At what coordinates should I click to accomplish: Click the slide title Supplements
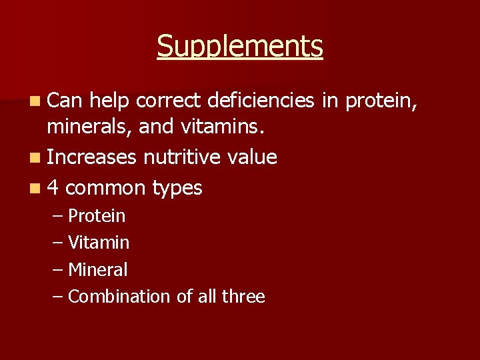[x=240, y=47]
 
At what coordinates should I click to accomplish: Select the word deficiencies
[x=261, y=101]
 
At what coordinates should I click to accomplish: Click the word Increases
[x=92, y=157]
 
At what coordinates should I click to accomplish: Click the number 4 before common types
[x=53, y=188]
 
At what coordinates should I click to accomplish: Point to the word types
[x=177, y=189]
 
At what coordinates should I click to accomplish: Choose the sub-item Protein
[x=97, y=216]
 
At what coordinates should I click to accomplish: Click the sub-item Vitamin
[x=99, y=243]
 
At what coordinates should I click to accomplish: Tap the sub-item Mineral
[x=97, y=270]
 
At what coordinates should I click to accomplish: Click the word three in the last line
[x=243, y=297]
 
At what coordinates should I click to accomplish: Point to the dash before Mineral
[x=58, y=270]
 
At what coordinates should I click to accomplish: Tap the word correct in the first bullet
[x=170, y=101]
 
